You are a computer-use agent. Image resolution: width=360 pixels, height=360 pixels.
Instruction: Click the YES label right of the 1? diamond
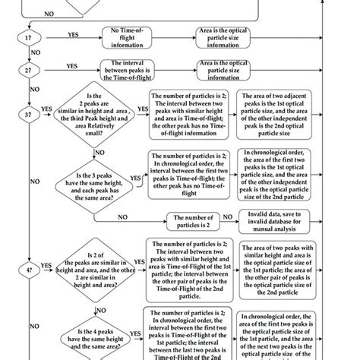[73, 34]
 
